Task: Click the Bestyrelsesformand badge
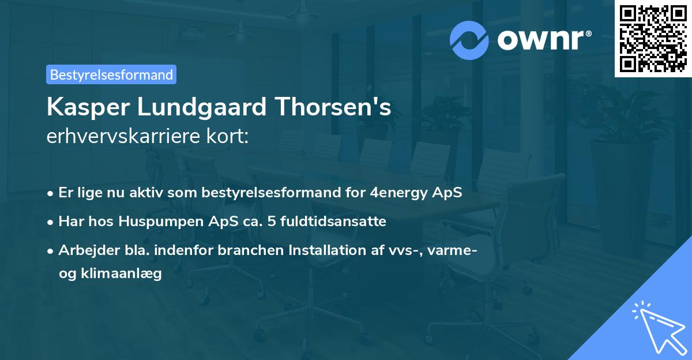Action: (x=111, y=74)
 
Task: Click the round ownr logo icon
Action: (x=470, y=40)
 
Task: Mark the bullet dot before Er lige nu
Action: (x=51, y=193)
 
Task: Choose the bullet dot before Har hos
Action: (x=51, y=222)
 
